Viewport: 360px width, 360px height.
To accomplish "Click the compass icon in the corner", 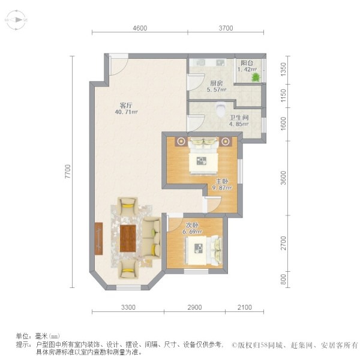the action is [x=16, y=20].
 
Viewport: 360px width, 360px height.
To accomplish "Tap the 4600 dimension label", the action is [x=140, y=28].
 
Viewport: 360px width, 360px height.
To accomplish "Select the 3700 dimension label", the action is [x=226, y=28].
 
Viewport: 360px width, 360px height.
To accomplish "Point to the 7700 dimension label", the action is [x=68, y=171].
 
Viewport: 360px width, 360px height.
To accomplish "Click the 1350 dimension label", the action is [x=284, y=70].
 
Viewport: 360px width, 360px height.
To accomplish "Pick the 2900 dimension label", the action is [x=194, y=307].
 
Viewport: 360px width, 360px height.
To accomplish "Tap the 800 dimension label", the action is [x=284, y=279].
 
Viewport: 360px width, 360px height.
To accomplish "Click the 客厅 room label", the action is [x=126, y=106].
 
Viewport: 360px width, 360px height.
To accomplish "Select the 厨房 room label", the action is [x=216, y=83].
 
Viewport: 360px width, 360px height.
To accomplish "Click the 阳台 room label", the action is [x=247, y=63].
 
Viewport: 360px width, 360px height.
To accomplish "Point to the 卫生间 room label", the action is [x=239, y=118].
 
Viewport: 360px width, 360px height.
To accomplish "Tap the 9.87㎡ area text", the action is [x=221, y=188].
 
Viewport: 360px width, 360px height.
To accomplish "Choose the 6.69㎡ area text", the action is [x=192, y=232].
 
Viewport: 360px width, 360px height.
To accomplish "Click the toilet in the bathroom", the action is [x=221, y=109].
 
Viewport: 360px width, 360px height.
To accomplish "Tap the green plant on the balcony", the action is [x=256, y=77].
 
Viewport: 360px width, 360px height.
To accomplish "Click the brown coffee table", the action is [x=128, y=238].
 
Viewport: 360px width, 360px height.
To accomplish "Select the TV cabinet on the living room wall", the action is [x=98, y=238].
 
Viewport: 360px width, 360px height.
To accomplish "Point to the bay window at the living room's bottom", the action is [x=128, y=287].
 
